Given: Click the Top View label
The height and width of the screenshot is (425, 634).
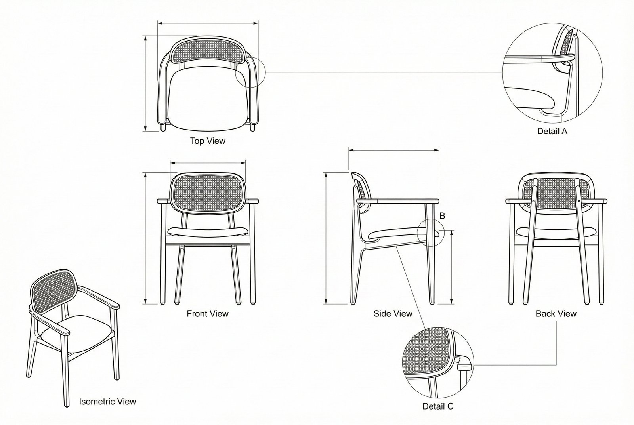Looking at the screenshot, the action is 208,141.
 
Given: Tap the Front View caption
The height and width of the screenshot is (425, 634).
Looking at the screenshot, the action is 208,314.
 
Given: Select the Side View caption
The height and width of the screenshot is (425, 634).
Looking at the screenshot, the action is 393,314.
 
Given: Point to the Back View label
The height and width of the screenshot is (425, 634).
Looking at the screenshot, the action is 556,314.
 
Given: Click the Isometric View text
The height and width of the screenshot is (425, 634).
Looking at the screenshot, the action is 107,402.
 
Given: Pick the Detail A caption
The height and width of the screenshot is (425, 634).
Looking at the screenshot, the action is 552,131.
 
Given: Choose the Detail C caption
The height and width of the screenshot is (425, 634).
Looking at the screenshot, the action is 438,406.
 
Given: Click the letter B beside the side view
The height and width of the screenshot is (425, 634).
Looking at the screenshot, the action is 442,216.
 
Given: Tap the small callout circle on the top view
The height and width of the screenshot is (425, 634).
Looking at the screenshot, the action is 250,72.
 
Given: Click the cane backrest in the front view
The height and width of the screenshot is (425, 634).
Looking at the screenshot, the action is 208,192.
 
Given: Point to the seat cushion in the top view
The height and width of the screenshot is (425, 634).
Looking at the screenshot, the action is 208,99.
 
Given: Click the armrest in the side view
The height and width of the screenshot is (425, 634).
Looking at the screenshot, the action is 398,201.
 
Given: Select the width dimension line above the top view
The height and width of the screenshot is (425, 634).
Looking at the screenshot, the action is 208,23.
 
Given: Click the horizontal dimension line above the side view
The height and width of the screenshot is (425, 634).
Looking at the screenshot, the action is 394,150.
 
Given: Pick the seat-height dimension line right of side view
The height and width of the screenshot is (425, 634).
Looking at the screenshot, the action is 451,267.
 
